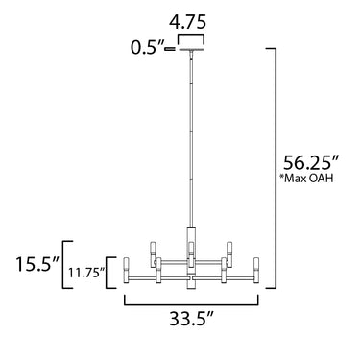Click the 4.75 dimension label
pyautogui.click(x=187, y=23)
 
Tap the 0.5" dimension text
pyautogui.click(x=147, y=48)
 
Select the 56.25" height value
pyautogui.click(x=311, y=163)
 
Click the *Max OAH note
pyautogui.click(x=306, y=179)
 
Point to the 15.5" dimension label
pyautogui.click(x=37, y=264)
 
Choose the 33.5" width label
pyautogui.click(x=191, y=319)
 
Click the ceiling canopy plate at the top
pyautogui.click(x=191, y=50)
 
